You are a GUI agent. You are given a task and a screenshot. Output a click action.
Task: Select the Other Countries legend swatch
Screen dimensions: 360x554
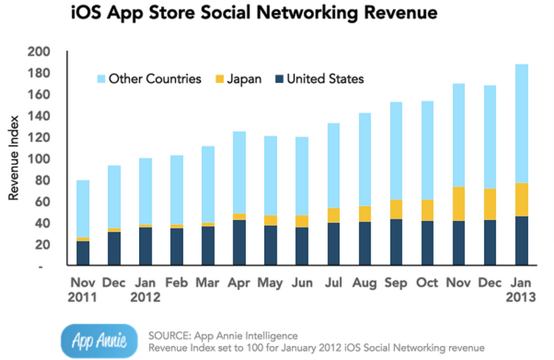pos(101,79)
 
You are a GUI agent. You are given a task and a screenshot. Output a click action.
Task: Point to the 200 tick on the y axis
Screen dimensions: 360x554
pos(38,52)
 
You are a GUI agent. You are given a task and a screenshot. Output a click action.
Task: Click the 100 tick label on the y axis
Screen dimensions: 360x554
pos(38,159)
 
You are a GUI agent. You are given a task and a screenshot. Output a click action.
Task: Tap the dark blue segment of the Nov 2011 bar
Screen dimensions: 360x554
pos(83,253)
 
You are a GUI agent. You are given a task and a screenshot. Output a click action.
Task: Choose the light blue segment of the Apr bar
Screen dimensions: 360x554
pos(240,172)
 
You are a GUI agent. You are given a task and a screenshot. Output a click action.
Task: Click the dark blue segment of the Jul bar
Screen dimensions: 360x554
pos(333,244)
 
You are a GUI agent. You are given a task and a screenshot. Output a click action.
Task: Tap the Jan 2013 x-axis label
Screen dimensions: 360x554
pos(521,290)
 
